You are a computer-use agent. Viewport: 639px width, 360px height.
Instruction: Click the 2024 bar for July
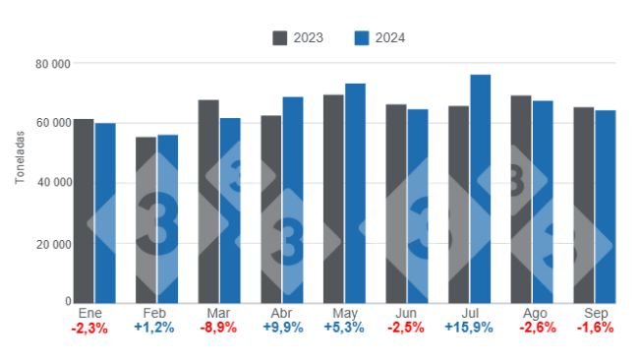click(480, 189)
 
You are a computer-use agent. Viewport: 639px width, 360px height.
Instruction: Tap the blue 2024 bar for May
click(355, 193)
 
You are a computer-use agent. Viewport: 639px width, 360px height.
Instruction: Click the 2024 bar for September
click(605, 207)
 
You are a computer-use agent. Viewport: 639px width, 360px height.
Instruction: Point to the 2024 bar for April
click(293, 200)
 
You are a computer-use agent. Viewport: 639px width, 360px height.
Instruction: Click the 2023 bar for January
click(84, 210)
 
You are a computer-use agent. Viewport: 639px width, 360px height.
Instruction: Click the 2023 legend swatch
click(279, 37)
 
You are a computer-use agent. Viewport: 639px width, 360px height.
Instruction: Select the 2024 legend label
click(389, 37)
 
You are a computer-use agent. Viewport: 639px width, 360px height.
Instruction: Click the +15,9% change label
click(469, 328)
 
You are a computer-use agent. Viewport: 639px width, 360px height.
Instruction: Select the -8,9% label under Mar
click(217, 328)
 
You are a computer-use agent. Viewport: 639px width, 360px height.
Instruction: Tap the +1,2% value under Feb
click(155, 328)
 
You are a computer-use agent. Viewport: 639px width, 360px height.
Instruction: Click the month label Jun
click(405, 313)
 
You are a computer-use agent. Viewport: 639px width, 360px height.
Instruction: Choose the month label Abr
click(280, 313)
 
